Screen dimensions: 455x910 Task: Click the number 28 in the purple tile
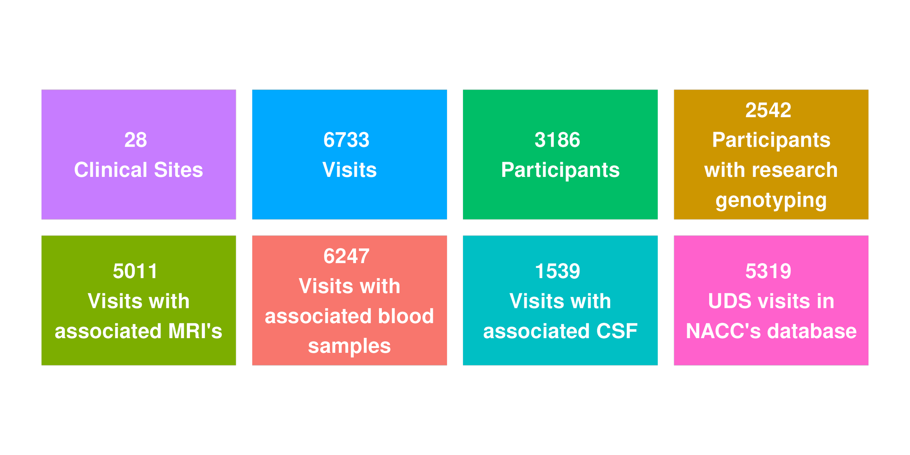[135, 140]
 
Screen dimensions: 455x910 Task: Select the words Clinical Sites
[138, 170]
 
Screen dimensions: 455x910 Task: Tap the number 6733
[346, 140]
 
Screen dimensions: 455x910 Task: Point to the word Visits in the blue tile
[349, 170]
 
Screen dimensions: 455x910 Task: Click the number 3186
[557, 140]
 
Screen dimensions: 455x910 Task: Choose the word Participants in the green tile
[560, 170]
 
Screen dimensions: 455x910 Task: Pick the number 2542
[768, 110]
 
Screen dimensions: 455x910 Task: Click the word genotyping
[771, 201]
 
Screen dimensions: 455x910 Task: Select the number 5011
[135, 272]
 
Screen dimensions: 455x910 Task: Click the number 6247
[346, 256]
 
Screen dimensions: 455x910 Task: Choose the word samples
[349, 346]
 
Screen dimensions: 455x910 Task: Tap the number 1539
[557, 272]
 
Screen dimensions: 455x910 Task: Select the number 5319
[768, 272]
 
